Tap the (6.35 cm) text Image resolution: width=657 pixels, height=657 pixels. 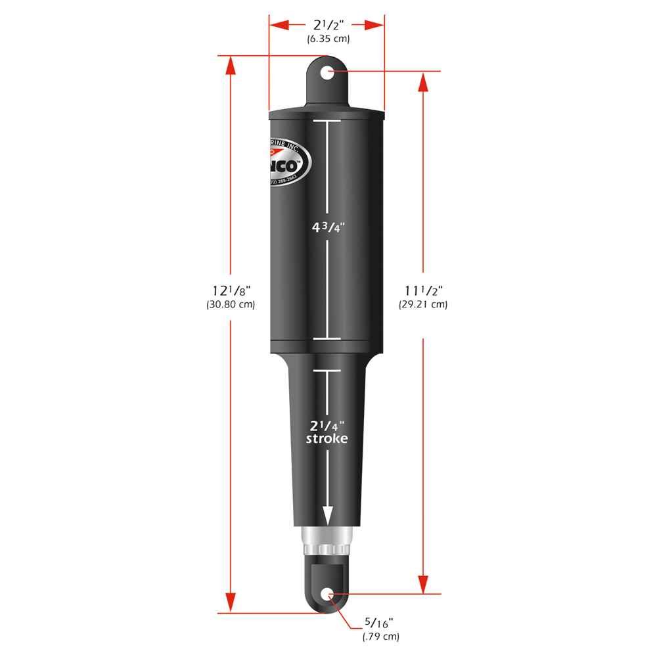pos(328,39)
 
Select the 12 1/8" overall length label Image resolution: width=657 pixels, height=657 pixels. pos(230,290)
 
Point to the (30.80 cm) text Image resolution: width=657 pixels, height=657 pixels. pos(230,304)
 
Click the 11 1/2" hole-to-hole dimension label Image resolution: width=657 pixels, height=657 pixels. pos(422,290)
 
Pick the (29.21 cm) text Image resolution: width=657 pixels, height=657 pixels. pos(422,304)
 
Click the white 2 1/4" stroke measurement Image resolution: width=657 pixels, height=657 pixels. pos(327,425)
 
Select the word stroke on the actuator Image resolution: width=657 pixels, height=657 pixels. pos(327,439)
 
